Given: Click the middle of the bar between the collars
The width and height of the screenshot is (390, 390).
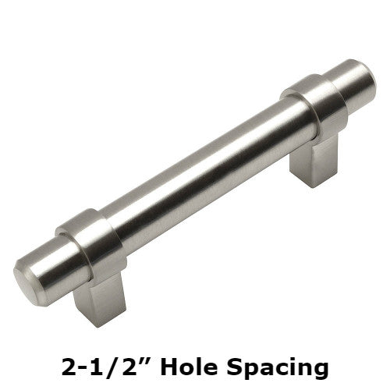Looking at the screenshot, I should tap(203, 172).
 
